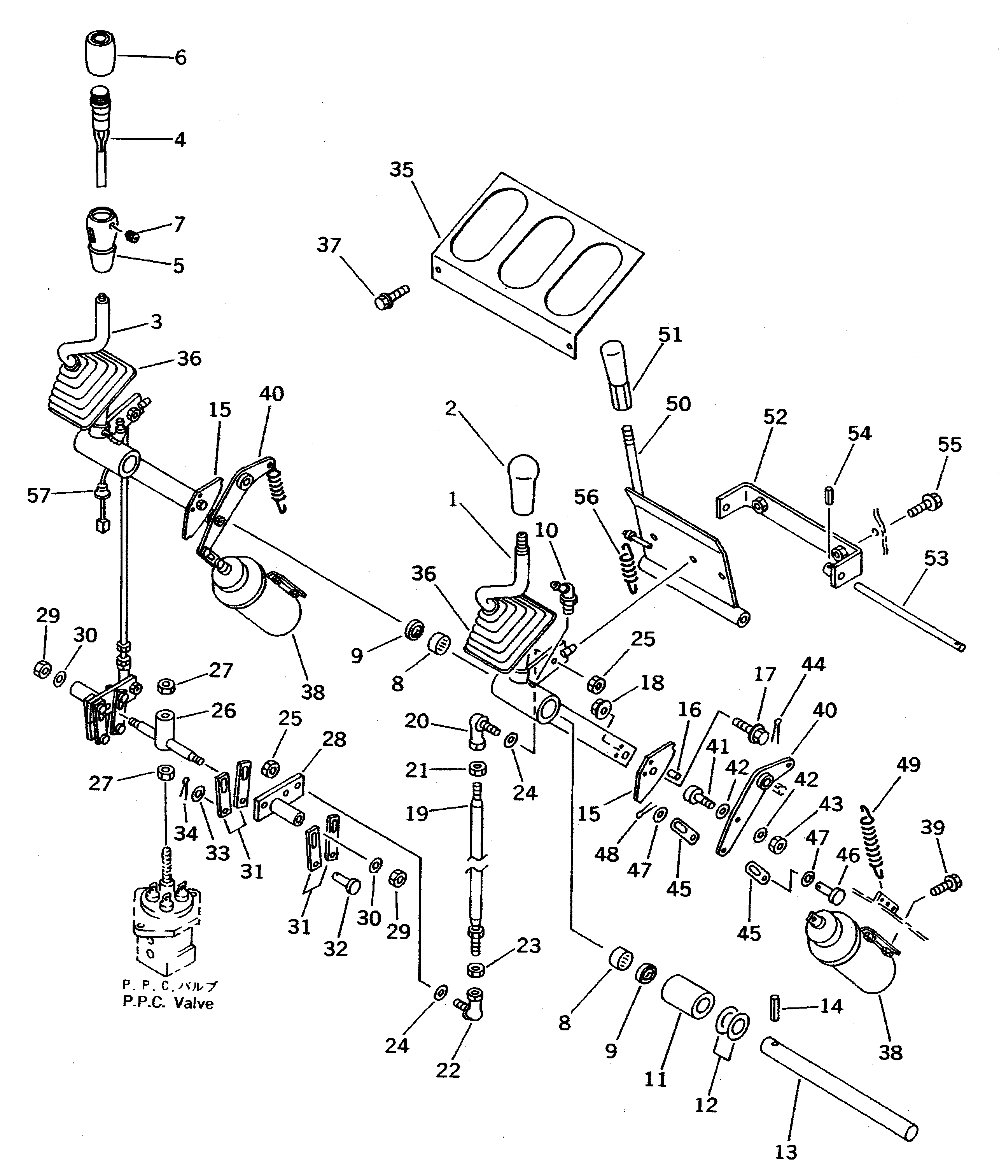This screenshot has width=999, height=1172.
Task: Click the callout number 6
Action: pos(180,58)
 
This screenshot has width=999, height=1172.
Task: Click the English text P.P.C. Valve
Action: pos(168,1003)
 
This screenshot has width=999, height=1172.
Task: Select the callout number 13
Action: pos(786,1152)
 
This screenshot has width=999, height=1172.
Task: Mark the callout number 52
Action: pos(775,417)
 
